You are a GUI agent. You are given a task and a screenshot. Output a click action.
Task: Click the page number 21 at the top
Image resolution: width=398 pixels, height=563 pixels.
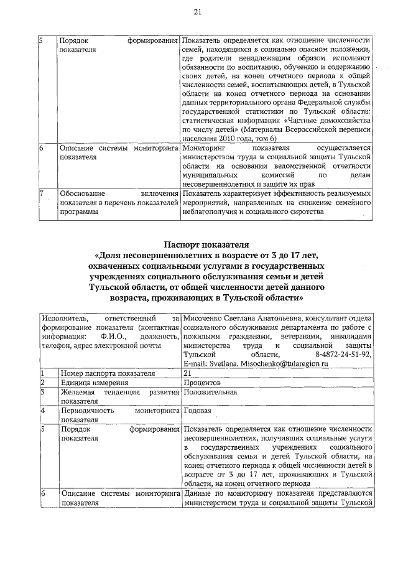point(198,11)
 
